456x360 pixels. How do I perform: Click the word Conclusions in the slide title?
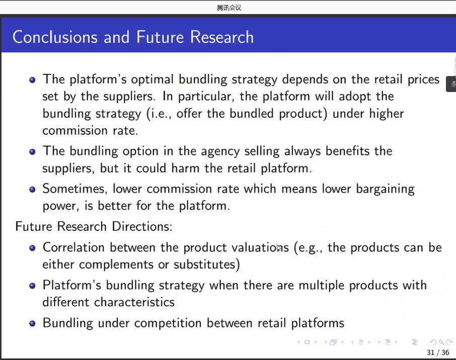(55, 37)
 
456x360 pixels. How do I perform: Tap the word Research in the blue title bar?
(221, 37)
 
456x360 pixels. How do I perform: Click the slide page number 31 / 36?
(438, 352)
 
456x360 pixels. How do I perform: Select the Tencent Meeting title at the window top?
(229, 8)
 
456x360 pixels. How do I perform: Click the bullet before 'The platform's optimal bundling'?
(32, 80)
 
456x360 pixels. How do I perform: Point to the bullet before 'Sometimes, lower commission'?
(32, 190)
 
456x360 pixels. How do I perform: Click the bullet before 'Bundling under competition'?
(32, 324)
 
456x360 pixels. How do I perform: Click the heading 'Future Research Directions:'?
(94, 226)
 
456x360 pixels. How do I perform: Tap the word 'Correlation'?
(73, 247)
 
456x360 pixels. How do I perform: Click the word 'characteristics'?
(134, 302)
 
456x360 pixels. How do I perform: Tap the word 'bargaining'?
(386, 189)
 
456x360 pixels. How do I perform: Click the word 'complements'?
(116, 264)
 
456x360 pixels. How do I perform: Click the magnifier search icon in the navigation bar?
(441, 342)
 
